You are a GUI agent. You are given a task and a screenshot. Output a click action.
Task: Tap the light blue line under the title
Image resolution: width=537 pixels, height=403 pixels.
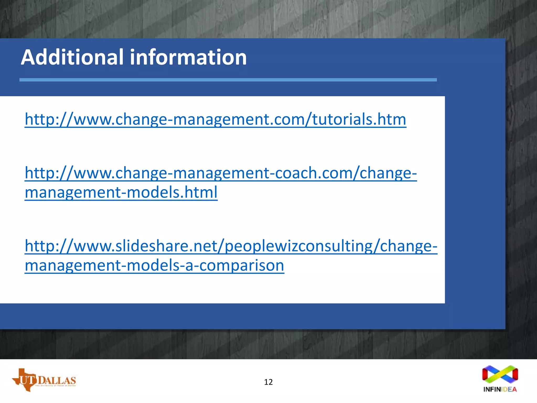click(x=228, y=80)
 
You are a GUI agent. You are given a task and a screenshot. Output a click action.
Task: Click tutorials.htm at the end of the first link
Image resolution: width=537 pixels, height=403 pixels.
click(x=359, y=119)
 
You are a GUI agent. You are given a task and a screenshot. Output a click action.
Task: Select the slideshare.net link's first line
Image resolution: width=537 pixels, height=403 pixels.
click(x=231, y=246)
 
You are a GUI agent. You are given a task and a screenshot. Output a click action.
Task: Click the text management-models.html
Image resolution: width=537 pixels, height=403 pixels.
click(x=121, y=192)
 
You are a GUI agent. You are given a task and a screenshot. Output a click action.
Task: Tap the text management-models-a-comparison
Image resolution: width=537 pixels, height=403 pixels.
click(x=154, y=265)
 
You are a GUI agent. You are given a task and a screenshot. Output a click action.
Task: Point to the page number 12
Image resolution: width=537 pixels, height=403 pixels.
click(x=268, y=382)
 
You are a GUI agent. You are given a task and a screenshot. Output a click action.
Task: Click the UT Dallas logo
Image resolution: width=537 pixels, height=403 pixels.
click(x=44, y=380)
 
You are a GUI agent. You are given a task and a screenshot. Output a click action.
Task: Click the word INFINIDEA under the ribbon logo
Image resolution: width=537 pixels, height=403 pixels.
click(x=500, y=389)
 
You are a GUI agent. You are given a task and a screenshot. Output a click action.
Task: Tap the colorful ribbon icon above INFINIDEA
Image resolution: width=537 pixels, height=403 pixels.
click(x=500, y=374)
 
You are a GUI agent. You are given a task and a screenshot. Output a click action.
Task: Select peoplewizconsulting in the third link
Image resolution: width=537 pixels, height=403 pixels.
click(x=299, y=246)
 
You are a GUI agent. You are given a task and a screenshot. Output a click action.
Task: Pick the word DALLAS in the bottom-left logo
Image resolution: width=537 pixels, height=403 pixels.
click(x=57, y=380)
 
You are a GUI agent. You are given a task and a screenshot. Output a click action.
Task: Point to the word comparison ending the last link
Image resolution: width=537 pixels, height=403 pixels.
click(x=241, y=265)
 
